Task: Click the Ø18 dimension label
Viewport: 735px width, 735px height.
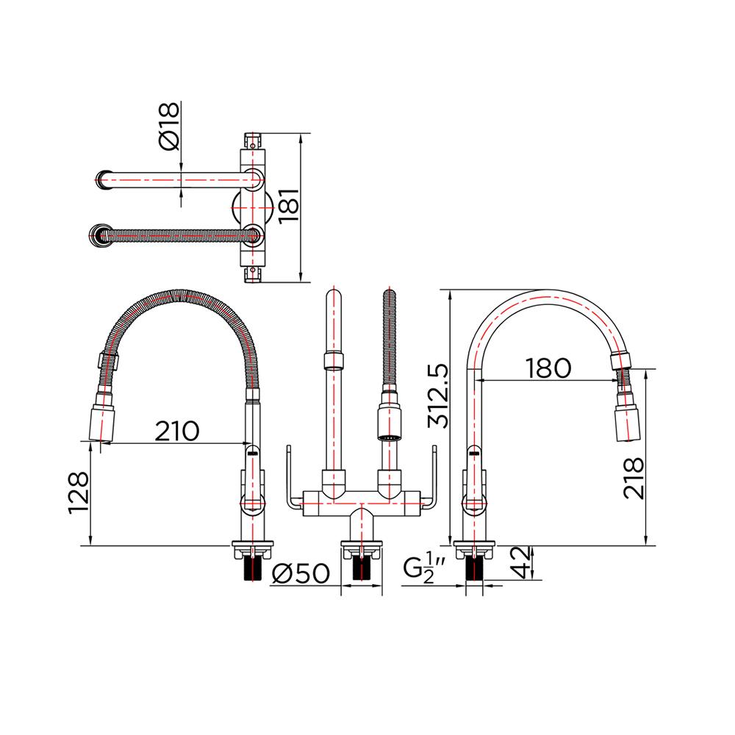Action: click(x=168, y=126)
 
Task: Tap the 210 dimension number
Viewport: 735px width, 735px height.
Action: click(x=176, y=431)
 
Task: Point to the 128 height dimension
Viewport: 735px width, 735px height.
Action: click(x=79, y=492)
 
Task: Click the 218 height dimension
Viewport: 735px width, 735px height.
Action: click(x=634, y=478)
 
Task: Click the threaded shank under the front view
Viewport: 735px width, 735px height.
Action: click(x=361, y=567)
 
